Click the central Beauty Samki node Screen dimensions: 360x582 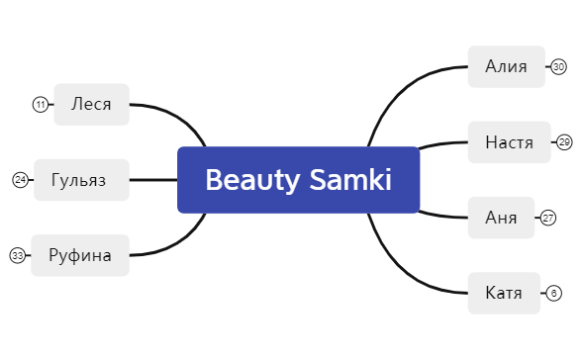pyautogui.click(x=298, y=180)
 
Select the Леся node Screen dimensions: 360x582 pyautogui.click(x=91, y=104)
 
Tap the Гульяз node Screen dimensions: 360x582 pyautogui.click(x=81, y=180)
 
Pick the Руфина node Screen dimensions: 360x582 pyautogui.click(x=80, y=255)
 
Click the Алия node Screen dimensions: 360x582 pyautogui.click(x=507, y=66)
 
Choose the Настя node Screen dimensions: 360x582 pyautogui.click(x=509, y=142)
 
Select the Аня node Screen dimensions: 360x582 pyautogui.click(x=501, y=218)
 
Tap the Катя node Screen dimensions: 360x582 pyautogui.click(x=504, y=293)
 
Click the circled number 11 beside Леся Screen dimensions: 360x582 pyautogui.click(x=40, y=104)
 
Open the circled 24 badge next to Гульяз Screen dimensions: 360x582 pyautogui.click(x=20, y=180)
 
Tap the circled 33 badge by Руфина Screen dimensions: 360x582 pyautogui.click(x=17, y=255)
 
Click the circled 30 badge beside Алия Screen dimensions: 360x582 pyautogui.click(x=558, y=67)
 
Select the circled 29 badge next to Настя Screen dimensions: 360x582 pyautogui.click(x=564, y=142)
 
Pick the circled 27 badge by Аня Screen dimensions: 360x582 pyautogui.click(x=548, y=218)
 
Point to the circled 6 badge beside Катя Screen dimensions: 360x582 pyautogui.click(x=553, y=293)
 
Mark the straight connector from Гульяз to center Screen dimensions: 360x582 pyautogui.click(x=153, y=180)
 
